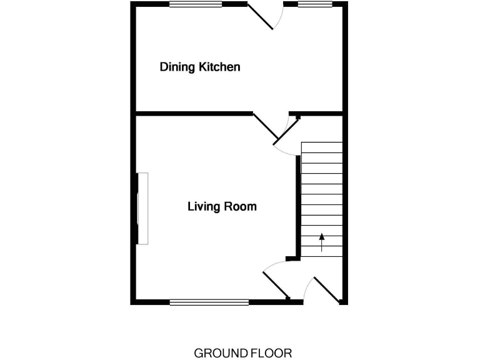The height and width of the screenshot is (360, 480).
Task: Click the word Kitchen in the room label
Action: pyautogui.click(x=219, y=67)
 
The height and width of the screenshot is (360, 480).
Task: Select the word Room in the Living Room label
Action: pyautogui.click(x=242, y=206)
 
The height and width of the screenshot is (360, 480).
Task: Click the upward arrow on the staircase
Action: pyautogui.click(x=322, y=242)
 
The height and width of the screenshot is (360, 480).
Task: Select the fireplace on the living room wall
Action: pyautogui.click(x=142, y=209)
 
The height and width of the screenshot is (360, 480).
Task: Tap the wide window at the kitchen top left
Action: pyautogui.click(x=196, y=4)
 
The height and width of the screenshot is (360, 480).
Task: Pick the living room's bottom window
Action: pyautogui.click(x=209, y=302)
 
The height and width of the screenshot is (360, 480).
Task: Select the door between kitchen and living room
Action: pyautogui.click(x=266, y=127)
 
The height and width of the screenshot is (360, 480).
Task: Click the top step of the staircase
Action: pyautogui.click(x=322, y=147)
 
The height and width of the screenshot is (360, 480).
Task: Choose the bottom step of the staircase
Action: pyautogui.click(x=322, y=251)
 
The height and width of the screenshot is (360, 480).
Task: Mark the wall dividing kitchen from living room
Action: pyautogui.click(x=194, y=114)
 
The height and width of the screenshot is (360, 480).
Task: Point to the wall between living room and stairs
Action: pyautogui.click(x=297, y=206)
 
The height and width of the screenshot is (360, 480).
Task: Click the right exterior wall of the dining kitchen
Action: pyautogui.click(x=344, y=59)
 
